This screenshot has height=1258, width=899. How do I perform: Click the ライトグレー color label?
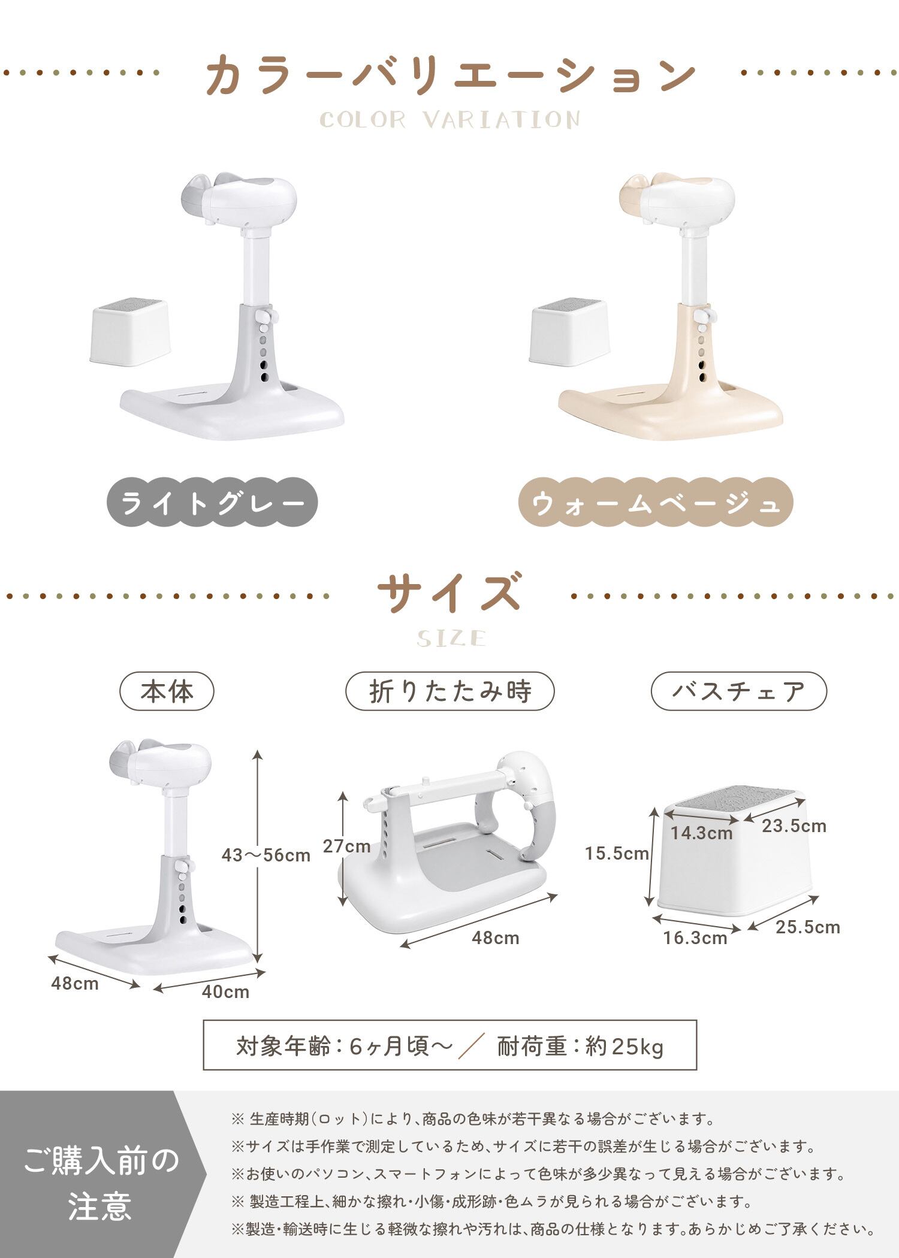[x=212, y=502]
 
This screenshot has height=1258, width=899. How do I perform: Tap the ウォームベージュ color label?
[x=656, y=502]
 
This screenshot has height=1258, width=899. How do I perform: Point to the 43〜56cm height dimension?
[x=266, y=855]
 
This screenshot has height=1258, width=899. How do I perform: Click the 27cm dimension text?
[x=346, y=846]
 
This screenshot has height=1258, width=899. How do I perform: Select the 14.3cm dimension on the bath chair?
[x=701, y=833]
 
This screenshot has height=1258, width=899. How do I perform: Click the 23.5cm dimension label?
[x=794, y=826]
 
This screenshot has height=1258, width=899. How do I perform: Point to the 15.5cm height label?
[x=617, y=853]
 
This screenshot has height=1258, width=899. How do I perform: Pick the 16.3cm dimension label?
[x=695, y=938]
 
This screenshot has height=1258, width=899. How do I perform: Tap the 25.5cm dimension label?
[x=808, y=927]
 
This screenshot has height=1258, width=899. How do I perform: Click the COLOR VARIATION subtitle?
[x=450, y=120]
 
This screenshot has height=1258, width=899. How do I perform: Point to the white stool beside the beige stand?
[x=569, y=332]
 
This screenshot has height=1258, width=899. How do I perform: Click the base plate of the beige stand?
[x=671, y=413]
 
